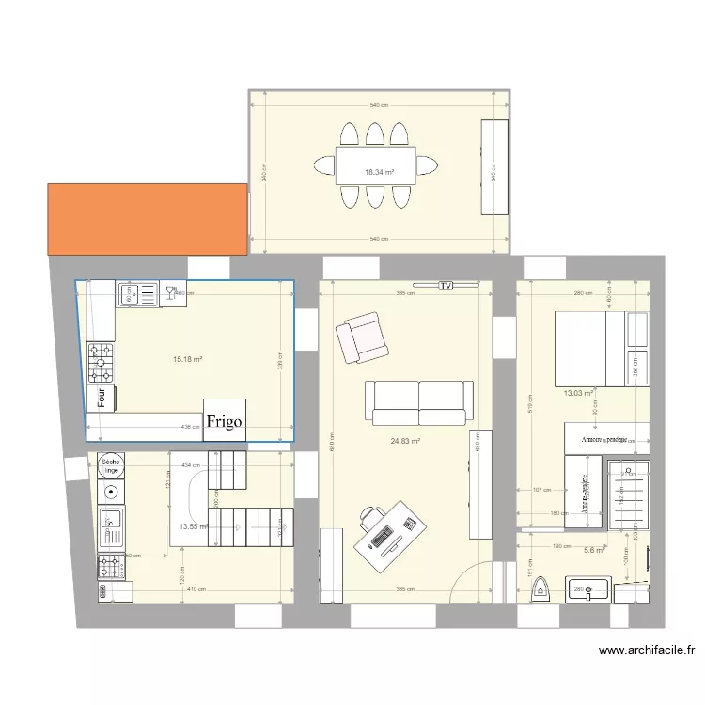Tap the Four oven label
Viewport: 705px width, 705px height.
[x=102, y=398]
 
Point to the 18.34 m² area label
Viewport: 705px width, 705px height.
[x=378, y=172]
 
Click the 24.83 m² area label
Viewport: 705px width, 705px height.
[x=405, y=441]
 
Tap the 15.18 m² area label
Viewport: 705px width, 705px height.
[x=188, y=358]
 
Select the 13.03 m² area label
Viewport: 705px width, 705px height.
[x=577, y=393]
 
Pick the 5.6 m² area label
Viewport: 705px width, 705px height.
[x=594, y=551]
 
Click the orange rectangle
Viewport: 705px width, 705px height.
[x=148, y=218]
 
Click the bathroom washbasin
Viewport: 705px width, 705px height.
[x=587, y=590]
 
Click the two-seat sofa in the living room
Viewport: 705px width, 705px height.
[x=419, y=402]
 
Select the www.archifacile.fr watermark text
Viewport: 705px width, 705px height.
[x=646, y=650]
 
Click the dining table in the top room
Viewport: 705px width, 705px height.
[x=376, y=165]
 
